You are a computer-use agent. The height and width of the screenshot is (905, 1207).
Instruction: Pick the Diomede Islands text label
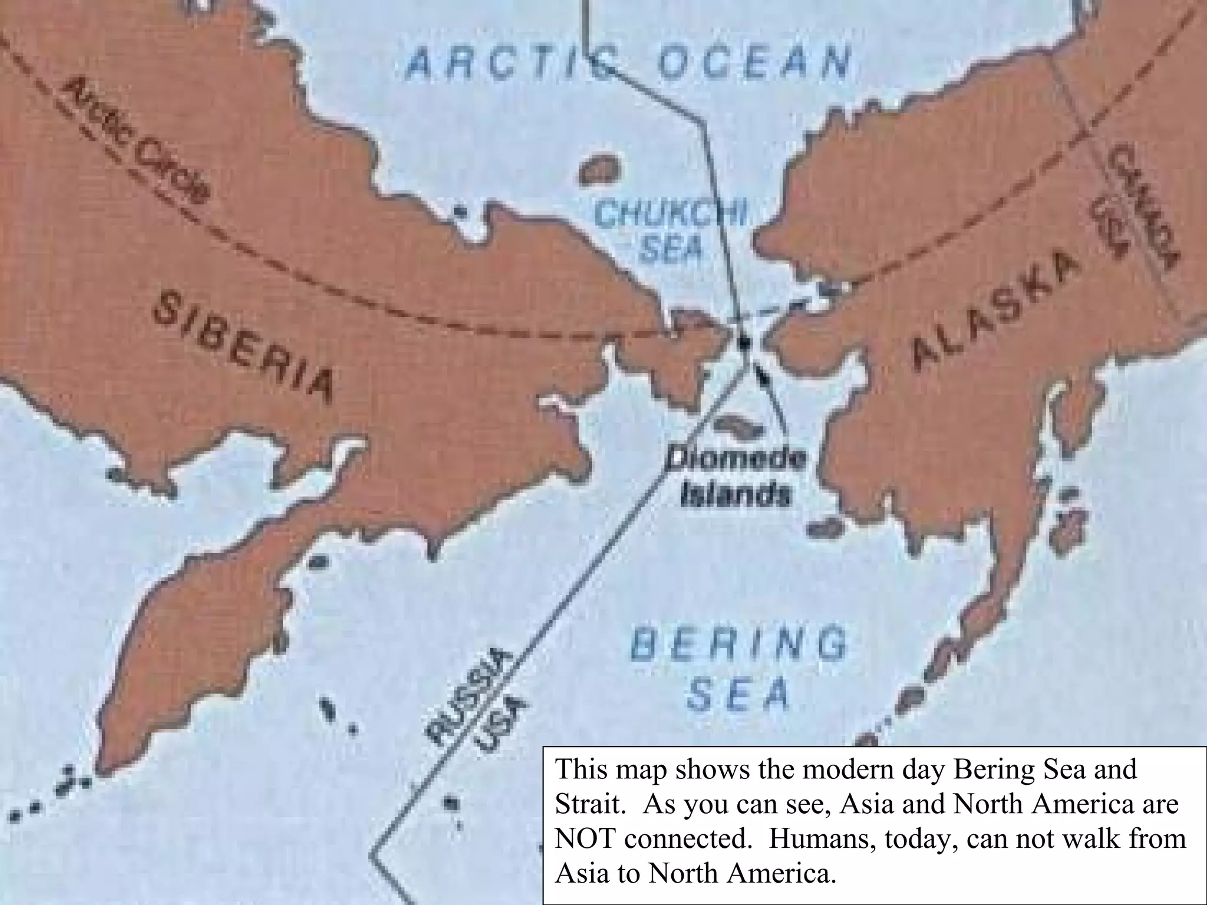click(x=736, y=477)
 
